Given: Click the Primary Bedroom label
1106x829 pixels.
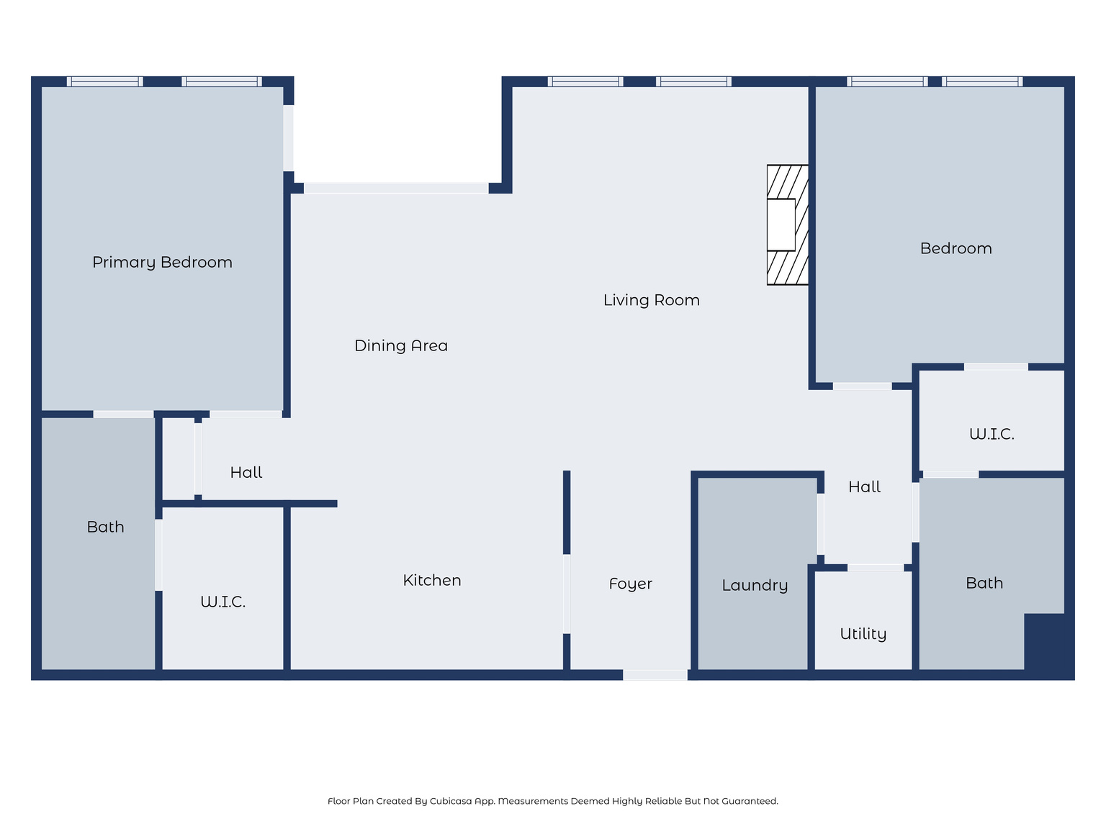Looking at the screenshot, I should [162, 263].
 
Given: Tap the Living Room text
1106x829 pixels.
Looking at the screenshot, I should [651, 300].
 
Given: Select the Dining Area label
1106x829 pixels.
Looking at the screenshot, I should [400, 346].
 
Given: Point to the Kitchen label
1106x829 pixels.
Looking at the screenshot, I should [431, 580].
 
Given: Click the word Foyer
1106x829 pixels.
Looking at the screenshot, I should [630, 584].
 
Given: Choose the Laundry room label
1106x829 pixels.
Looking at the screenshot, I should [754, 585].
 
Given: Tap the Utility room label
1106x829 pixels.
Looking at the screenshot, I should [863, 634].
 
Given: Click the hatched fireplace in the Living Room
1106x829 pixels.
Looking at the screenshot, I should [787, 225].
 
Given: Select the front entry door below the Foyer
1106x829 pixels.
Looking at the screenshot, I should [655, 675].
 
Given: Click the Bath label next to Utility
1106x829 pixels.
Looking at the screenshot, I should [984, 583].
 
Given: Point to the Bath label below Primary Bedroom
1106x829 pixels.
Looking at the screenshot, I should [105, 527].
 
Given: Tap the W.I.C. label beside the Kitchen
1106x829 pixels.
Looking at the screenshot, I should [222, 602].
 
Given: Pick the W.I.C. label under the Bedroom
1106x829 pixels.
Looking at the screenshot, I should [991, 434].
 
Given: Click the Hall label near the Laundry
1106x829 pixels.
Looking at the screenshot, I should [864, 487].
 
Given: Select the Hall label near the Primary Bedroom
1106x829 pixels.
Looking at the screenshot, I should [246, 473].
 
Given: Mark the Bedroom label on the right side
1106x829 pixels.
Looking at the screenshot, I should [956, 249].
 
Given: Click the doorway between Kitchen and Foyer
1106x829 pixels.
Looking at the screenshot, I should [567, 594].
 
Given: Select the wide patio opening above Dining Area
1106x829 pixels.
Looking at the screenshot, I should [395, 188].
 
